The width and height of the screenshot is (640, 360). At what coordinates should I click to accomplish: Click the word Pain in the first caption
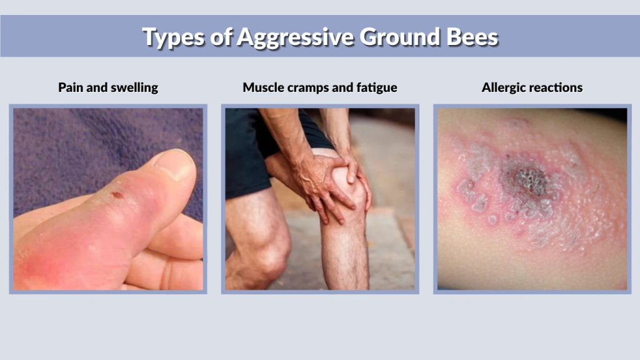tap(70, 87)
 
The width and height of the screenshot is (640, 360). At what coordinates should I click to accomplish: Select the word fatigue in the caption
tap(376, 87)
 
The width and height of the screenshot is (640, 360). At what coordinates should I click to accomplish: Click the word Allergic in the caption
tap(503, 87)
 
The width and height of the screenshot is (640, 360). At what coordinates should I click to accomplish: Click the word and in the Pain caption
tap(97, 87)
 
